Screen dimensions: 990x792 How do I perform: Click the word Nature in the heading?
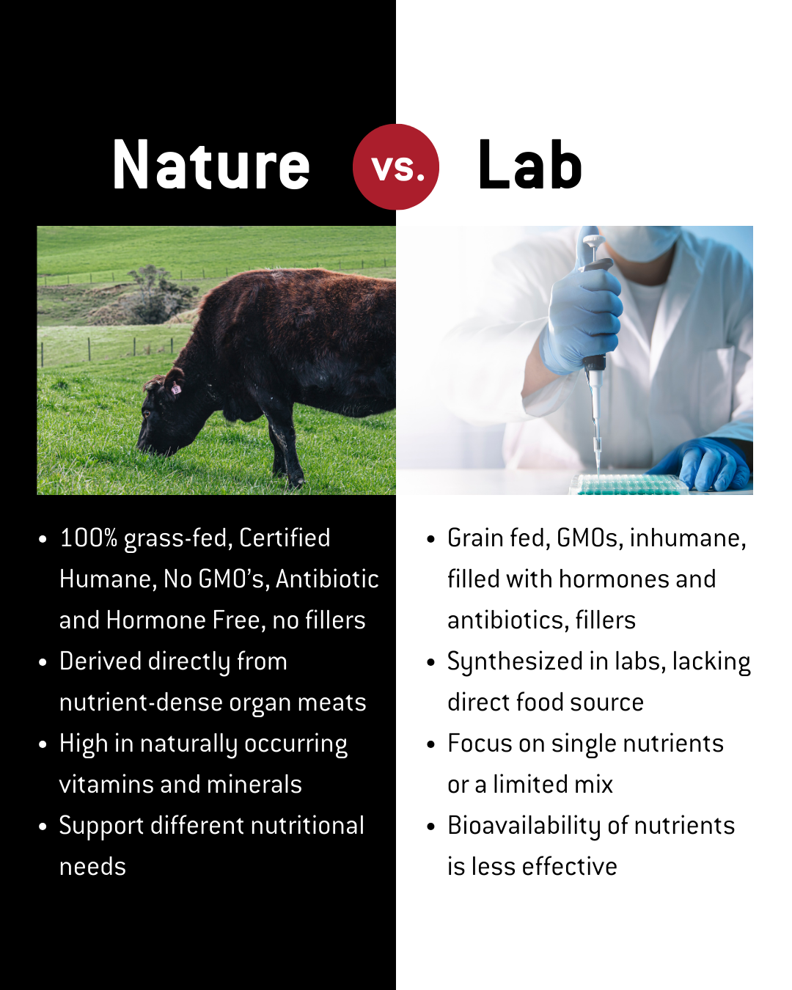211,166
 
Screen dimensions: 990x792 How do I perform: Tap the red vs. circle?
396,166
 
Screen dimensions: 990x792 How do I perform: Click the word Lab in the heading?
529,166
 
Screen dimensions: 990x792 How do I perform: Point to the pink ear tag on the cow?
176,389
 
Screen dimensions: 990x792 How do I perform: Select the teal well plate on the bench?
629,484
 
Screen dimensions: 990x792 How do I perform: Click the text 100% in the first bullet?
88,538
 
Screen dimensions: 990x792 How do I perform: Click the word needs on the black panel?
92,867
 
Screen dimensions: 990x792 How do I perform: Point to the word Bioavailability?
524,826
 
